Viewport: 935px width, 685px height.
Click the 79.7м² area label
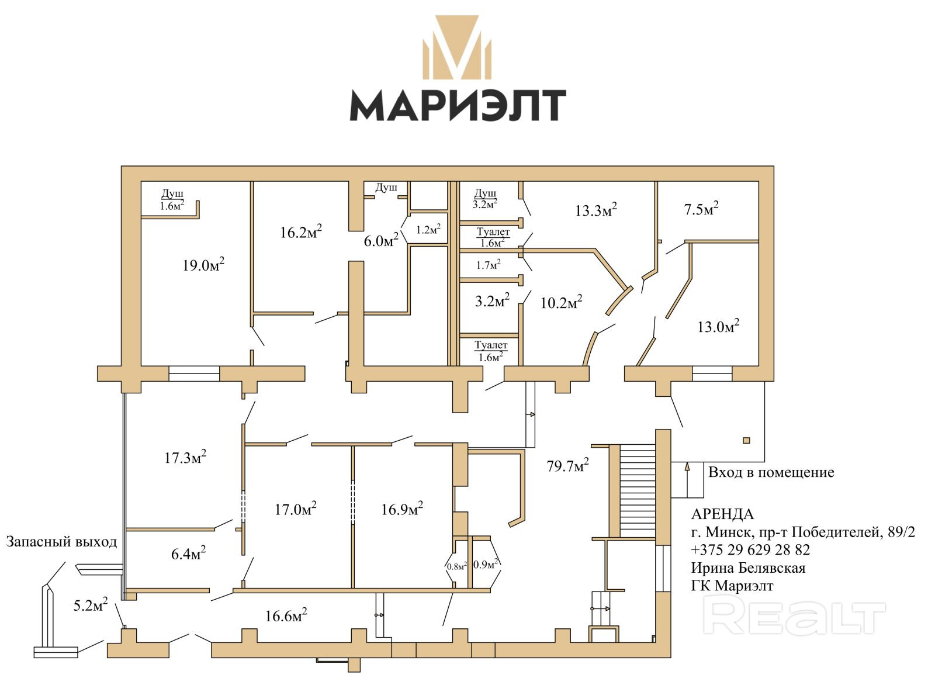coord(567,466)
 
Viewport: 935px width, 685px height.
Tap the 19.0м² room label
coord(203,265)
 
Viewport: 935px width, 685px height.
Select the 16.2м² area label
coord(301,232)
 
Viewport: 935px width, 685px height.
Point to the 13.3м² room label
coord(596,210)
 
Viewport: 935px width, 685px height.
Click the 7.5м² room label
coord(701,209)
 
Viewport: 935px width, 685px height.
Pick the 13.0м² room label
coord(718,326)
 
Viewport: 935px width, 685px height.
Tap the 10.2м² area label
coord(561,302)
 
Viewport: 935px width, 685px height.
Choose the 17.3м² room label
coord(185,457)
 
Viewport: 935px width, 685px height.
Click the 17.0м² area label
coord(296,509)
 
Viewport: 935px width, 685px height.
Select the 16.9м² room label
coord(402,509)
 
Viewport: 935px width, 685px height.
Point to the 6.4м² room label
coord(188,553)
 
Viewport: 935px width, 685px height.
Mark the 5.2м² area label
coord(90,605)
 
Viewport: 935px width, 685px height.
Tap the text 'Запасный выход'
coord(61,542)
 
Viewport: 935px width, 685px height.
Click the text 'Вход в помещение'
coord(771,472)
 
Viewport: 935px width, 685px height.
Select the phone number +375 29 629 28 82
coord(750,550)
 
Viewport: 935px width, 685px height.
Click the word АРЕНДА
coord(722,514)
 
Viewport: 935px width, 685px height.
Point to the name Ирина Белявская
coord(748,568)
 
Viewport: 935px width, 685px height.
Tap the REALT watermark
coord(794,615)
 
